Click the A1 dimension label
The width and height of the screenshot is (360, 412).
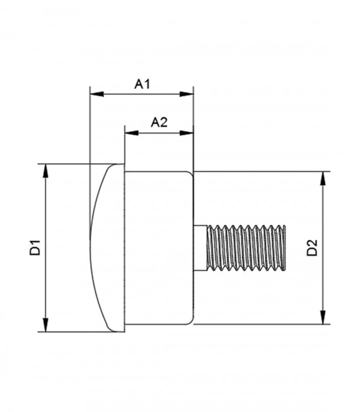pos(142,84)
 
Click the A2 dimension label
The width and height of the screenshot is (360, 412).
pos(159,123)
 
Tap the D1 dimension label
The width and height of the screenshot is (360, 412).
pos(34,247)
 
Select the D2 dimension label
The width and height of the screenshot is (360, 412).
pos(312,248)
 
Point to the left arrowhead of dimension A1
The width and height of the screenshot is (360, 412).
pos(96,94)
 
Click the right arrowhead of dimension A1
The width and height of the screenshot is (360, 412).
pos(186,94)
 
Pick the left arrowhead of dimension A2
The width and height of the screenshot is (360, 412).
pos(131,133)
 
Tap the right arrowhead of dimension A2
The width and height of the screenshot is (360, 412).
pos(186,133)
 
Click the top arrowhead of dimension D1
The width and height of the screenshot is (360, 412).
pos(46,171)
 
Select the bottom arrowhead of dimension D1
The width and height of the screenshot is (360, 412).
pos(46,325)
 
